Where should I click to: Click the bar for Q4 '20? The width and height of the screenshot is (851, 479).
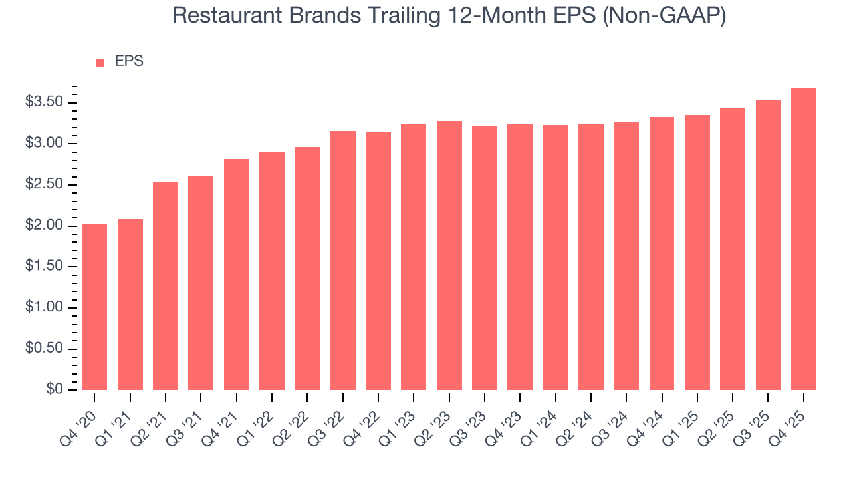pos(94,307)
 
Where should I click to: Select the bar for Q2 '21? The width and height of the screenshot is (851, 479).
pos(166,286)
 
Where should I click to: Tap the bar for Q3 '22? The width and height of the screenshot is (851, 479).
pos(342,260)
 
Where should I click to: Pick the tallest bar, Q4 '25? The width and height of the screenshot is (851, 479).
pos(803,239)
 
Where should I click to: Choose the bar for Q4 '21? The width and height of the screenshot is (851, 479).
pos(236,274)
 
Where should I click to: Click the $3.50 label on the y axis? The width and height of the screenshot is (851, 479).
pos(43,102)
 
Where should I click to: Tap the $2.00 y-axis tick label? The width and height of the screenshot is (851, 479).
pos(43,226)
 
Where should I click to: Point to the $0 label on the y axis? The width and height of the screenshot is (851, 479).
pos(54,389)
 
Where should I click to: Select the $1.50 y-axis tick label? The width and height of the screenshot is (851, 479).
pos(43,267)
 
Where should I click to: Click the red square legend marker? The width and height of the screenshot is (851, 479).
pos(100,62)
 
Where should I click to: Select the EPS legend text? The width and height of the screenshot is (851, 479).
pos(129,61)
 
